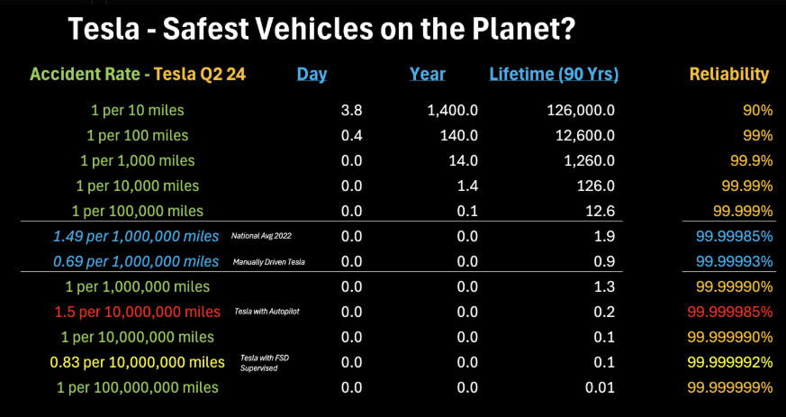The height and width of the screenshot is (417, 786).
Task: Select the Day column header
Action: [x=312, y=75]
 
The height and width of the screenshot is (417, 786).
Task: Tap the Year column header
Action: [x=428, y=75]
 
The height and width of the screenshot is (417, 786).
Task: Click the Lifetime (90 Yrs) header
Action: [x=554, y=75]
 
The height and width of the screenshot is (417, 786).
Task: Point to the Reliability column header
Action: [x=729, y=75]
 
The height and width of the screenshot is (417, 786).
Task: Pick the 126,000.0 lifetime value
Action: [x=580, y=111]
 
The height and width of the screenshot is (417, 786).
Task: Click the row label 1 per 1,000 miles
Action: [x=143, y=161]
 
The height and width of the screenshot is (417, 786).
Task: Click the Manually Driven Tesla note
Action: [x=267, y=262]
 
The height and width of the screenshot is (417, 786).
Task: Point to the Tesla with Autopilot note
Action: [x=262, y=313]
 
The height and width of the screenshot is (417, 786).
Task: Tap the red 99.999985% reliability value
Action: [x=730, y=312]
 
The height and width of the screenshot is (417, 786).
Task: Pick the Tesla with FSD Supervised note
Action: [x=264, y=363]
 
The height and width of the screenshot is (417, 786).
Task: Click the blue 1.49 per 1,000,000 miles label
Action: [x=136, y=237]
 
